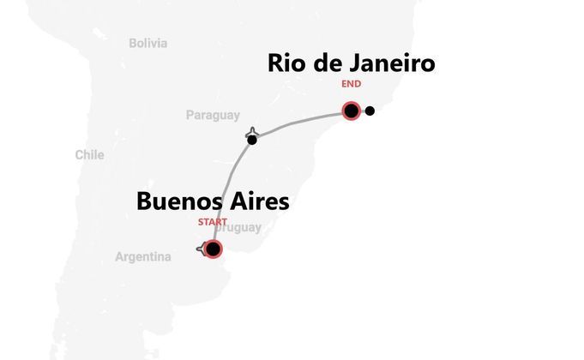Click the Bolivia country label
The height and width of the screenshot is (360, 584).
(148, 43)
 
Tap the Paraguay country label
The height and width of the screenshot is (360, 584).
(213, 116)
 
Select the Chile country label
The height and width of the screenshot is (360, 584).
(89, 155)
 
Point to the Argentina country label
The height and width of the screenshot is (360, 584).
(143, 257)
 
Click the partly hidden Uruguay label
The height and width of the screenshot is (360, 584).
(241, 228)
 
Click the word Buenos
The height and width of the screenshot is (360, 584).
(180, 202)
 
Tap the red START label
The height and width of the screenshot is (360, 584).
(213, 223)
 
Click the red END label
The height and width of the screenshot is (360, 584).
(351, 84)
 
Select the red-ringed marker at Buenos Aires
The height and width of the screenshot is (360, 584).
(213, 249)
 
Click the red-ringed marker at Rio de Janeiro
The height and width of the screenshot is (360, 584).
(351, 111)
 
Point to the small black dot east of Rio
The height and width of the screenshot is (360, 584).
(370, 111)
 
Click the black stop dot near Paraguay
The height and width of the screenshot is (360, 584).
(251, 140)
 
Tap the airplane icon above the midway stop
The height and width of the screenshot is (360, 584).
(251, 132)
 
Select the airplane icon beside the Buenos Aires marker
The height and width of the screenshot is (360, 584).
(202, 249)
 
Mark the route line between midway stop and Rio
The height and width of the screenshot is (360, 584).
(300, 123)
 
